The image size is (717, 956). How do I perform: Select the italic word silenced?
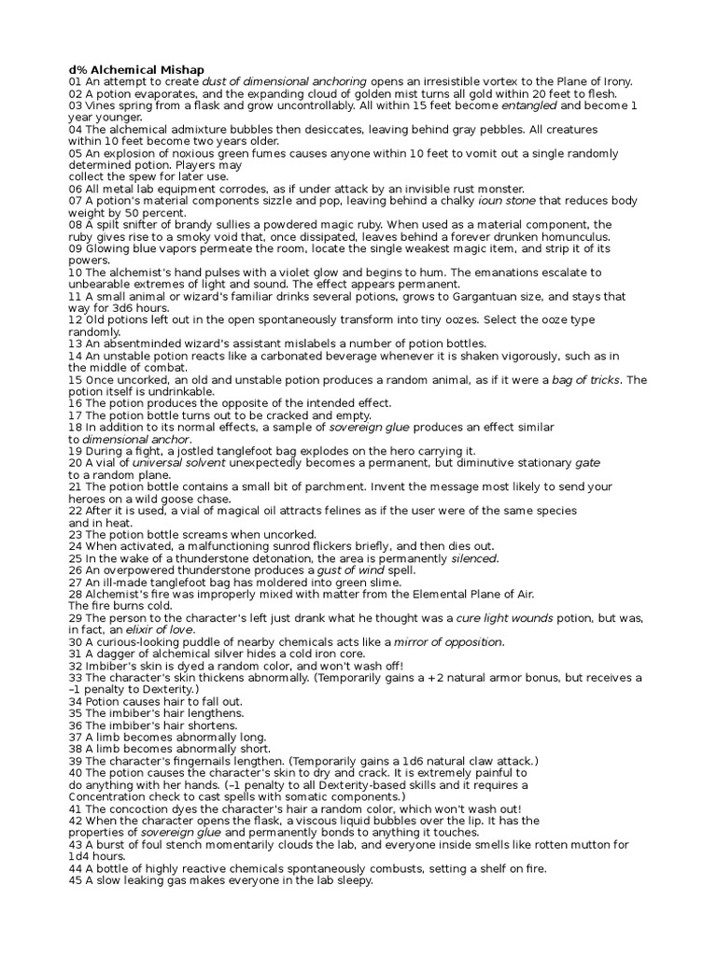[474, 558]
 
